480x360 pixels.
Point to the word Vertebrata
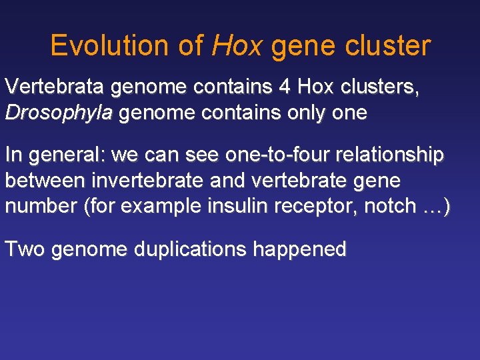click(x=55, y=87)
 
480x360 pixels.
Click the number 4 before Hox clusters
click(x=289, y=87)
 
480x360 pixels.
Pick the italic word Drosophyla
click(x=59, y=113)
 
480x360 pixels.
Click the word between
click(x=45, y=181)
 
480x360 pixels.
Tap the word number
click(x=41, y=206)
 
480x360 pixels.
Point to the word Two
click(x=25, y=249)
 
